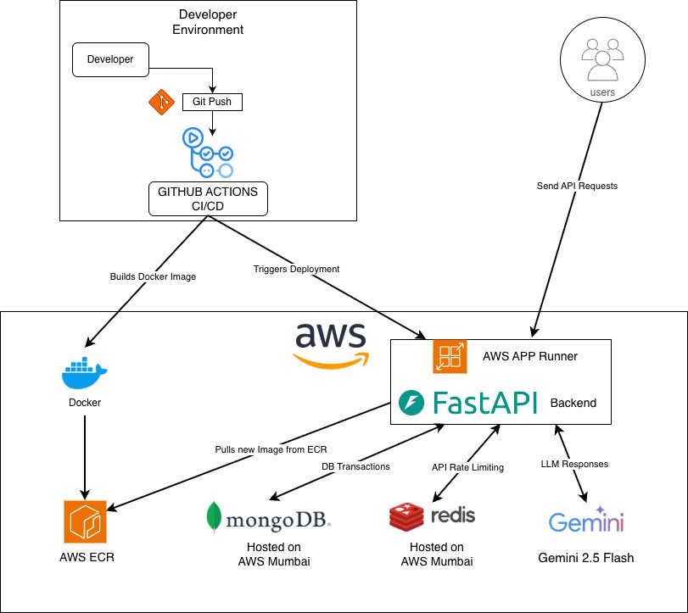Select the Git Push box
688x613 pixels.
coord(212,103)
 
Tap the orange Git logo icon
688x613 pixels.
coord(160,103)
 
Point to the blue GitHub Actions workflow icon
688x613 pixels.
coord(206,152)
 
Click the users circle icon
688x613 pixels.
coord(601,63)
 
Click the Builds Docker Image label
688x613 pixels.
coord(153,276)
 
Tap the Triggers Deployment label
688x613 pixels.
coord(296,269)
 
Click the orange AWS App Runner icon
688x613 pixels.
coord(450,356)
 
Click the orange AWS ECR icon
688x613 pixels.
coord(85,521)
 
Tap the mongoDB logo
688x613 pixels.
coord(267,515)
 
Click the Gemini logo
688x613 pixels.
coord(586,520)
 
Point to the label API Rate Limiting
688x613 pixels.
coord(467,467)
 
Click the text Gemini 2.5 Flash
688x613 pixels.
coord(586,558)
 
